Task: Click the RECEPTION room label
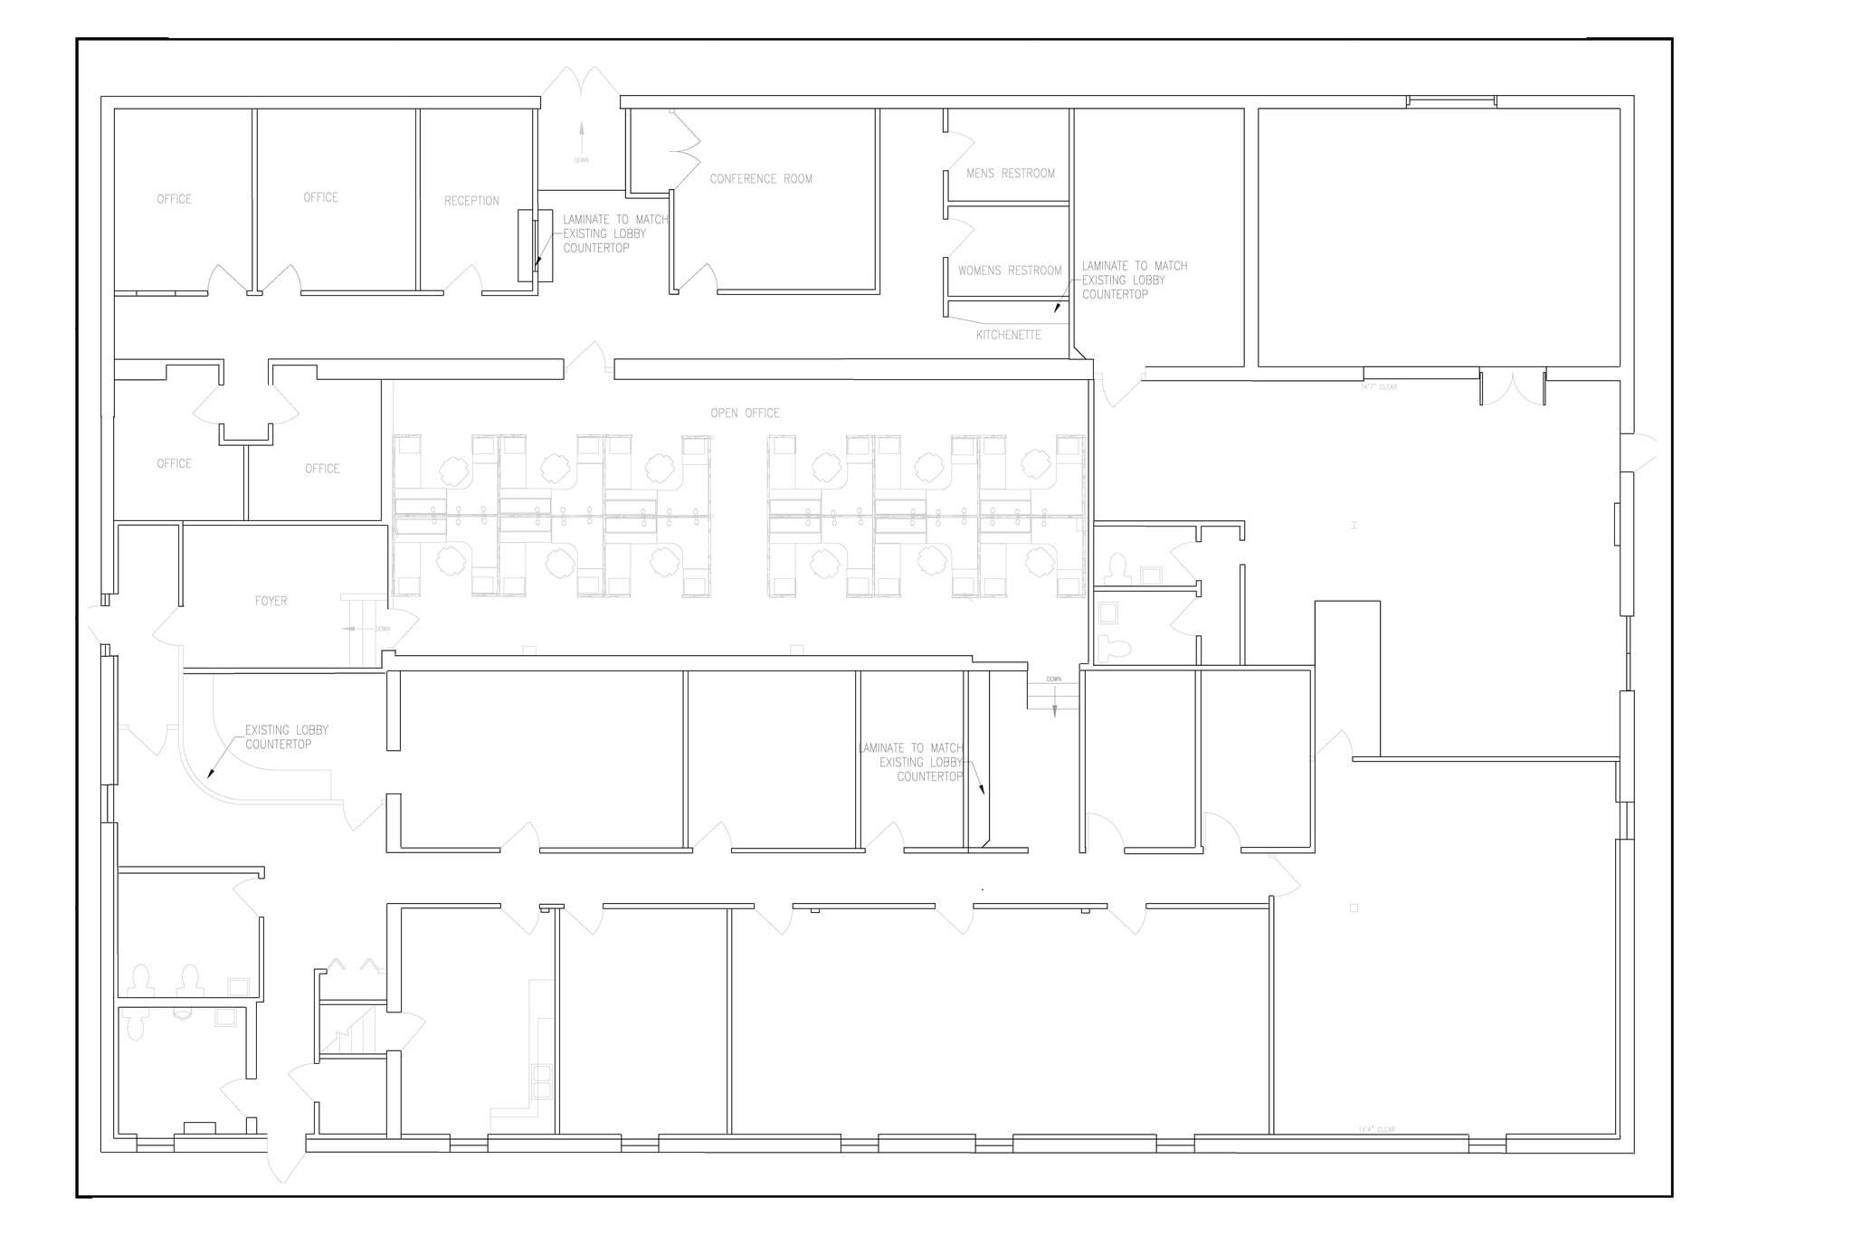(471, 201)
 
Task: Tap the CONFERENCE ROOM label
(761, 179)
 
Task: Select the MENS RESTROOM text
(1010, 174)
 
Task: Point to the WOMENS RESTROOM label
(1010, 271)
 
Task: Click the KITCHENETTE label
(1008, 335)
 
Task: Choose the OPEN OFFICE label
(745, 413)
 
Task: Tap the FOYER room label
(271, 601)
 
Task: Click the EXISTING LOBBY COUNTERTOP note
(286, 737)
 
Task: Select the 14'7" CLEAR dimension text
(1379, 387)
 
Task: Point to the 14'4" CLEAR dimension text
(1376, 1129)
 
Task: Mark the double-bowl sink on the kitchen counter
(542, 1081)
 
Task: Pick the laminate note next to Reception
(614, 233)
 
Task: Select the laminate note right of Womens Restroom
(1134, 280)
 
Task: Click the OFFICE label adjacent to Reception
(320, 197)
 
